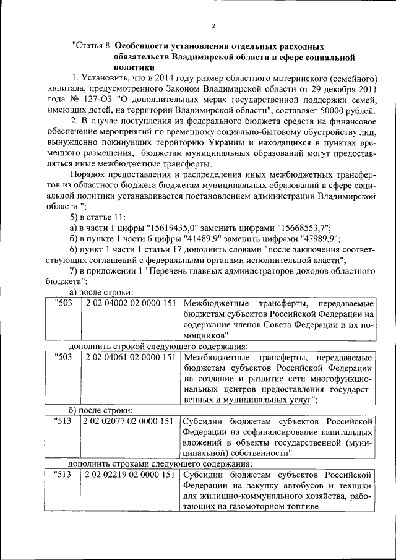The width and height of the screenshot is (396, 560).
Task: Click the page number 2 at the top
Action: [x=213, y=25]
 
